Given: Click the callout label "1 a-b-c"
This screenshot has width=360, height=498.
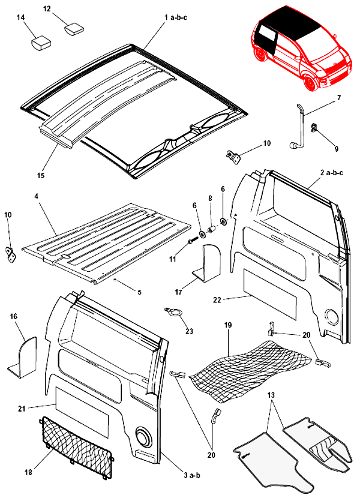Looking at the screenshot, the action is pos(175,17).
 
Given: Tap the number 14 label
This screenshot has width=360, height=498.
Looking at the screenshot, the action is pos(21,17).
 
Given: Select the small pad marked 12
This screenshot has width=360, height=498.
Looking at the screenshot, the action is pos(74,29).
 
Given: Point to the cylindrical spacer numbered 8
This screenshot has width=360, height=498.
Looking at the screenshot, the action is pos(211,230).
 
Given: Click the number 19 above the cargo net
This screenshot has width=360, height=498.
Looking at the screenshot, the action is pos(228,325).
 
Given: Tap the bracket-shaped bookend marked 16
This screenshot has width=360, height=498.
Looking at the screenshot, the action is pos(23,358).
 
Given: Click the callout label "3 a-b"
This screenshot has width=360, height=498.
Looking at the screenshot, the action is pos(191,475).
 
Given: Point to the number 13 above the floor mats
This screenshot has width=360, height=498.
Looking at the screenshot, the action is pos(271,395).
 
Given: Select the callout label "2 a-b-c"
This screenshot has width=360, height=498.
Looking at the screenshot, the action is pos(332,173).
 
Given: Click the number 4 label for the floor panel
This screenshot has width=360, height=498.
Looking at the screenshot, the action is pos(36,196).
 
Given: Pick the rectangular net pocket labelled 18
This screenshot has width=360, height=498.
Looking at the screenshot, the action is pos(77,448).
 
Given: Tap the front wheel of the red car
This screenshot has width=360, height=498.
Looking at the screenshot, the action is pos(310,83).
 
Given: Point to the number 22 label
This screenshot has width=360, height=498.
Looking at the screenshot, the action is pos(217,299).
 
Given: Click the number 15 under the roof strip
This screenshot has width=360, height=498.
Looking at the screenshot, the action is pos(41,175).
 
